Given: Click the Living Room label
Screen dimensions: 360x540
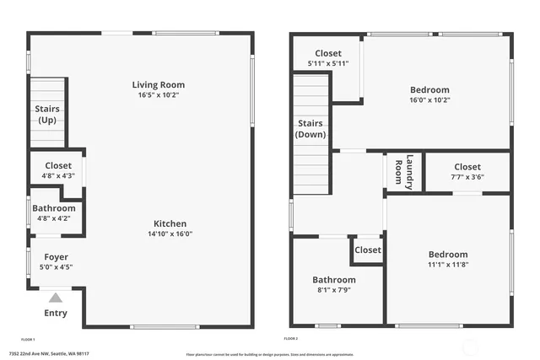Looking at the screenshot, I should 158,84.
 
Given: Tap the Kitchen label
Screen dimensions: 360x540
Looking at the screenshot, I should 170,223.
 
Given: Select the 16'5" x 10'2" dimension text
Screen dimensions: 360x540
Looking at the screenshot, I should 158,94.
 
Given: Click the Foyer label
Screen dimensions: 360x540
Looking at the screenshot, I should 56,256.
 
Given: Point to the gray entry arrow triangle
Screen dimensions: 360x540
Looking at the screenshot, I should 56,297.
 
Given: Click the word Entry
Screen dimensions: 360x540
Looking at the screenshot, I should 56,314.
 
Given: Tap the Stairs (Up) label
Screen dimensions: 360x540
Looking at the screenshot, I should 46,114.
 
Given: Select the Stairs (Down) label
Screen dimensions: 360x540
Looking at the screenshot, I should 310,128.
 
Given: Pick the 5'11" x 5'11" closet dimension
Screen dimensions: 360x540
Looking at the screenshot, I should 327,63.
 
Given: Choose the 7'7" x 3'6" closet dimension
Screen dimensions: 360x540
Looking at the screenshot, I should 467,177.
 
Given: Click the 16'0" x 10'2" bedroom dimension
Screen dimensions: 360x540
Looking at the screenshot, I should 429,99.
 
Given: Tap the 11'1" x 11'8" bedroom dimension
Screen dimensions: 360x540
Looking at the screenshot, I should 447,265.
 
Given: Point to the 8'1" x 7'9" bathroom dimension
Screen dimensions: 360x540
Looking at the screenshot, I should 334,290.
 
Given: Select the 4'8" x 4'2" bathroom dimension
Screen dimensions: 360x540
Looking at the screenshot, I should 53,218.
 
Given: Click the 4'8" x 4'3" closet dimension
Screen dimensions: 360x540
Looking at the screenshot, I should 57,176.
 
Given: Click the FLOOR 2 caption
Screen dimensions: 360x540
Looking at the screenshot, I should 291,338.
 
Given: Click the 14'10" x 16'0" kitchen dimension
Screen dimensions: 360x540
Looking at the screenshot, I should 170,234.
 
